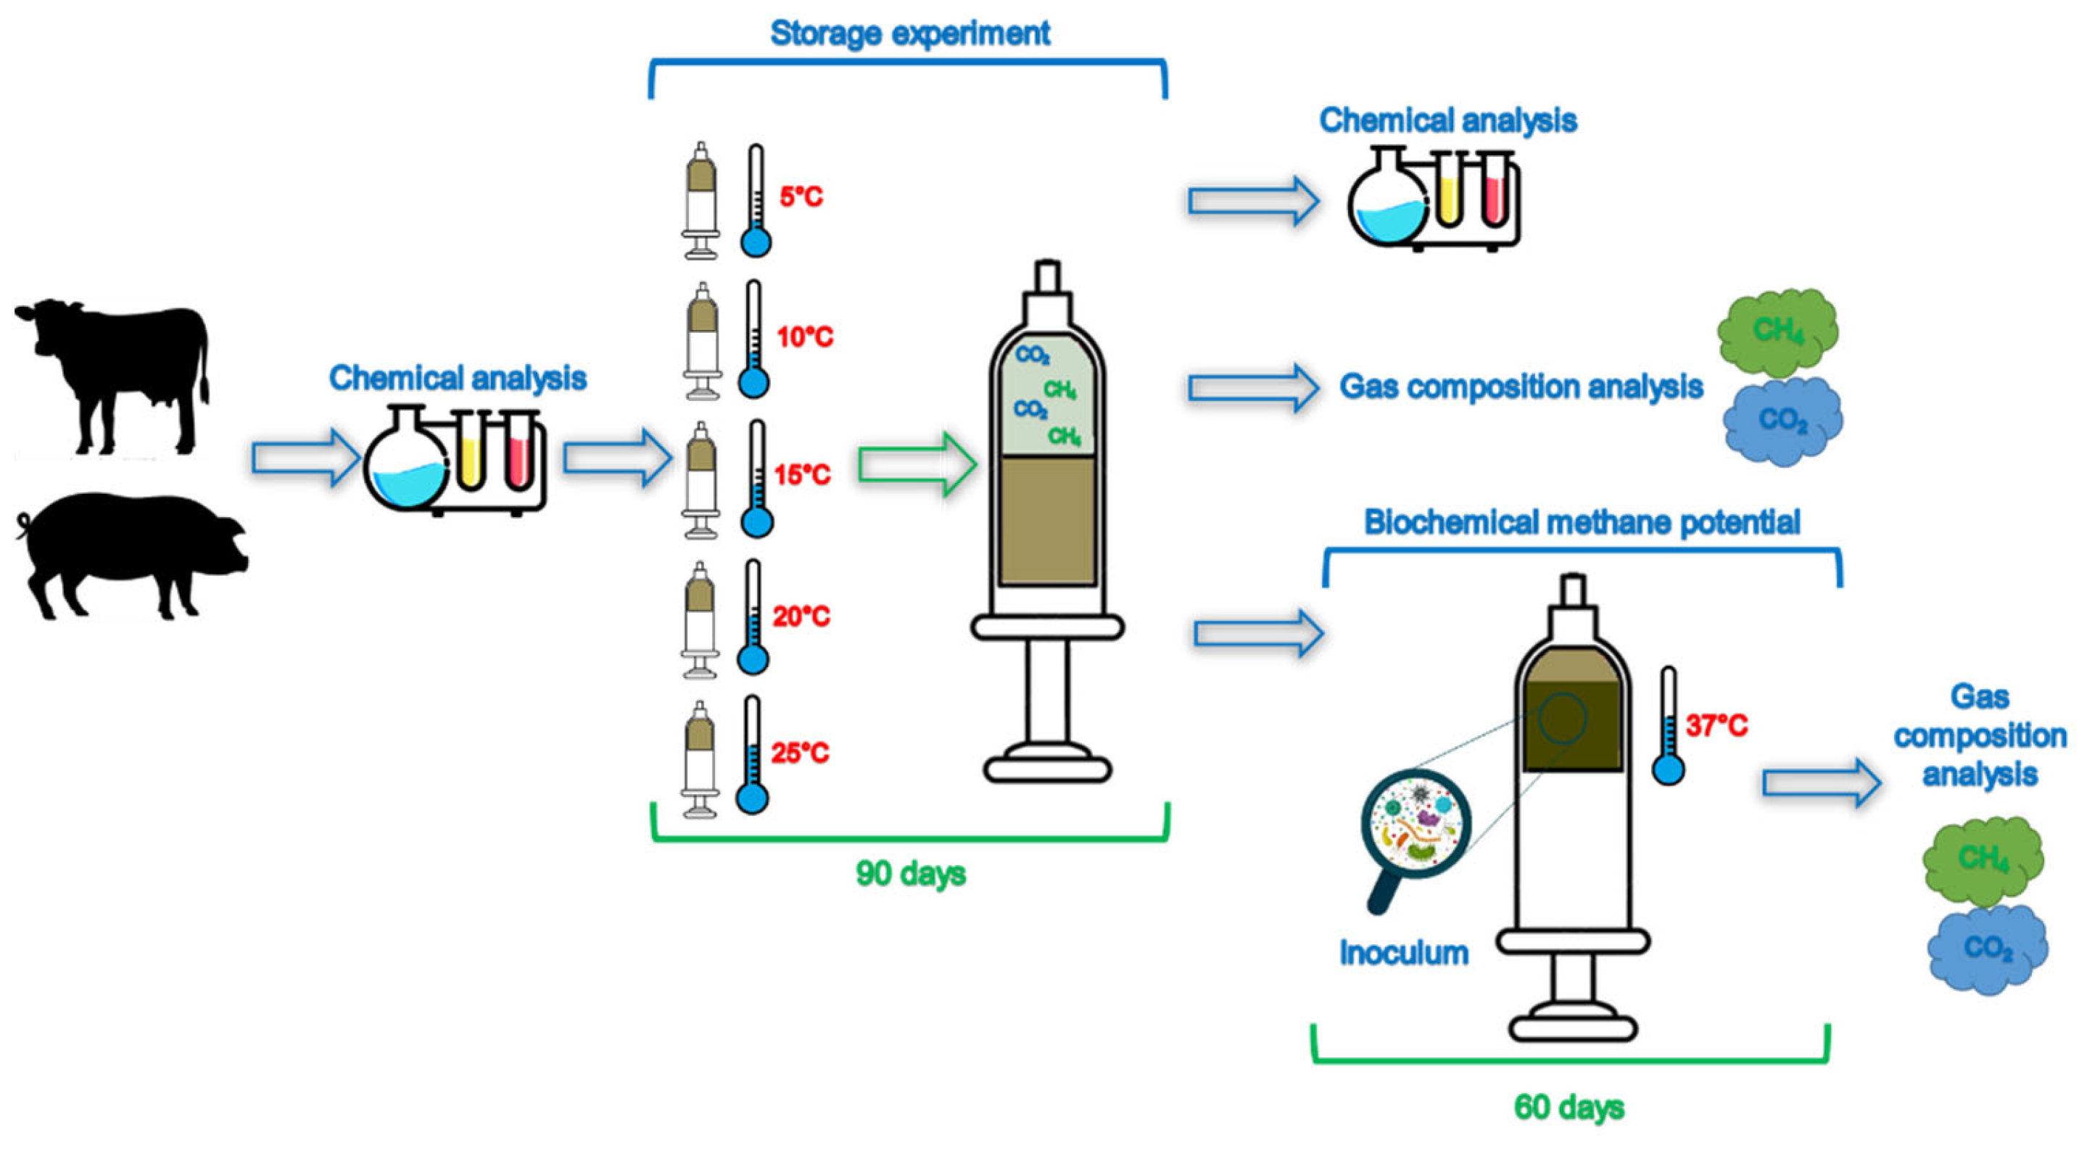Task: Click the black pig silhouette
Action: (x=130, y=555)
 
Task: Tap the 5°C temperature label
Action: (x=801, y=197)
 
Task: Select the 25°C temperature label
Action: (x=800, y=754)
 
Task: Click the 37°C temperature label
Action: (x=1716, y=725)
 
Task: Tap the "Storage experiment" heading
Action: (x=909, y=34)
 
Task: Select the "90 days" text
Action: (x=911, y=873)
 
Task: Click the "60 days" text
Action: (x=1569, y=1107)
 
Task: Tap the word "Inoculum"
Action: (x=1403, y=954)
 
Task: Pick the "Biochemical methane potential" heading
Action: (x=1582, y=522)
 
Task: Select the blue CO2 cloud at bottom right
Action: (x=1988, y=948)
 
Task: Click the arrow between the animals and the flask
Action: (x=305, y=458)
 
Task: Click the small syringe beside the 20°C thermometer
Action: (x=699, y=620)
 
